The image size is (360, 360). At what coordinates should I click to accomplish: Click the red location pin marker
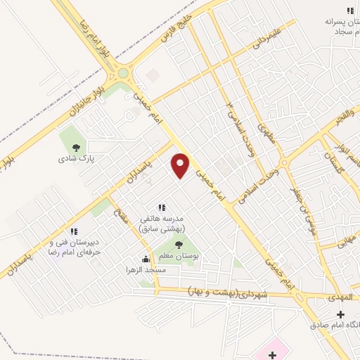[x=181, y=165]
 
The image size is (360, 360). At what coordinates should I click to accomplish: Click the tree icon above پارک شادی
[x=76, y=148]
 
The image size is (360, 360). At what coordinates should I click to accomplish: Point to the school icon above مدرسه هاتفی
[x=162, y=207]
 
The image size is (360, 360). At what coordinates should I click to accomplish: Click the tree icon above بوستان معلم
[x=178, y=245]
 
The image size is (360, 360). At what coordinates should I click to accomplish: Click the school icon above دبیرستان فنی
[x=73, y=231]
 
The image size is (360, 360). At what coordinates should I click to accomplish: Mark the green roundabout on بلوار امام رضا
[x=123, y=72]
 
